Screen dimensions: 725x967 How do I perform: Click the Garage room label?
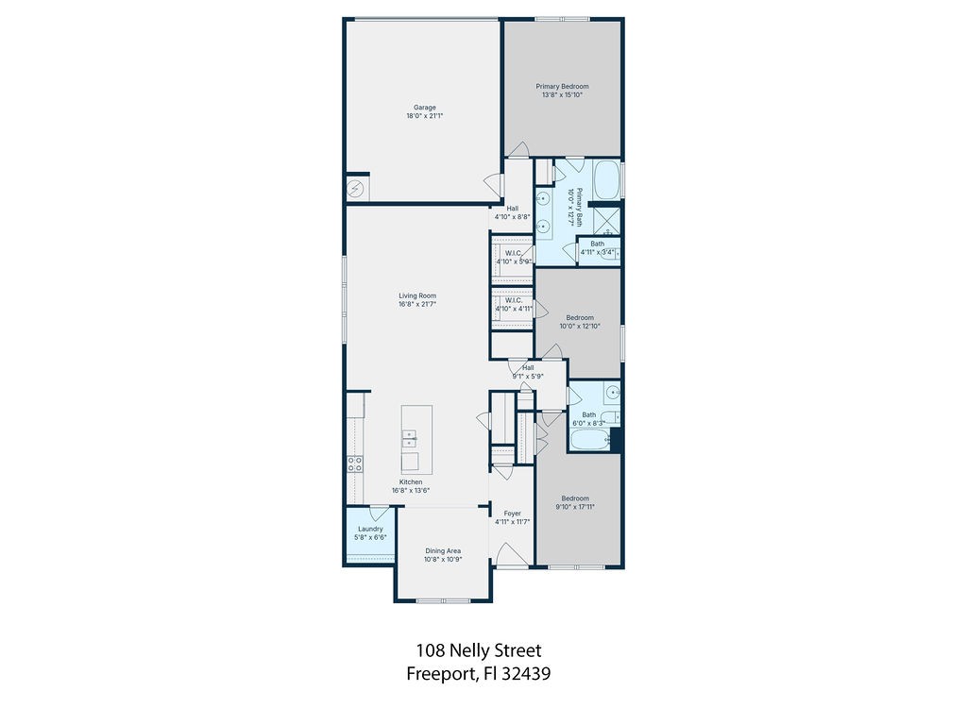point(424,107)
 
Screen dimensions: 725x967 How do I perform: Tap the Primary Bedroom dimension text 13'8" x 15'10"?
point(562,94)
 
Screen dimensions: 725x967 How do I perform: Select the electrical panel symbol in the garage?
point(356,188)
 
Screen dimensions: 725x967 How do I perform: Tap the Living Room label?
point(416,296)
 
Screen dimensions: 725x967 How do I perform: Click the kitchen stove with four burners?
point(356,464)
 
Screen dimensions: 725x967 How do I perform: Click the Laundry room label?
point(370,529)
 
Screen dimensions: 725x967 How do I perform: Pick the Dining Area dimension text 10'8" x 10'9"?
point(442,559)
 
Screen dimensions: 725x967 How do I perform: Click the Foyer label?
point(512,514)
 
